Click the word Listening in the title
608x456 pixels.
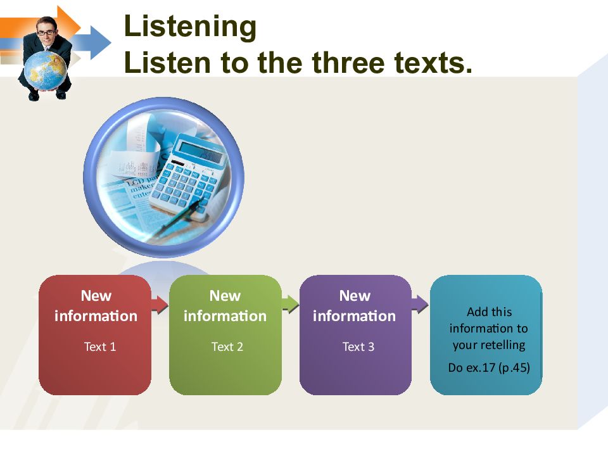190,27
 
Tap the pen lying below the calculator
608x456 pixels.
177,218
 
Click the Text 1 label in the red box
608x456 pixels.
100,346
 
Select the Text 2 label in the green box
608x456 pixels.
227,346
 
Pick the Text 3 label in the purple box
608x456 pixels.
358,346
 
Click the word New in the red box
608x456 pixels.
96,296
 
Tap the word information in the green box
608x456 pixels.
225,315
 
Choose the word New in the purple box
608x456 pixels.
354,296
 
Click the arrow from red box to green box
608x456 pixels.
160,305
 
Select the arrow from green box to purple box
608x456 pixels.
290,305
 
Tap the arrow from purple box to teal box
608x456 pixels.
419,303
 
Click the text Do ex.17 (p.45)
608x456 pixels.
488,367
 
